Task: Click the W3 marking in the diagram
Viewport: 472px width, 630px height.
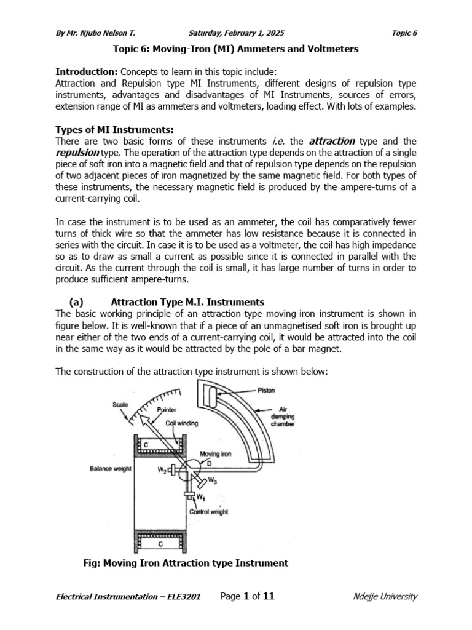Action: [x=212, y=480]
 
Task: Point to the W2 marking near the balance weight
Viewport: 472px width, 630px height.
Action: [x=161, y=471]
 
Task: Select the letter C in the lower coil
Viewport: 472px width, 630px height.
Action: [x=159, y=544]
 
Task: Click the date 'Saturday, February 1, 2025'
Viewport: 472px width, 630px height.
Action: [x=237, y=33]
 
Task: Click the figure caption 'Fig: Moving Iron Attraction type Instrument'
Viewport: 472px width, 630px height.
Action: [x=185, y=563]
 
